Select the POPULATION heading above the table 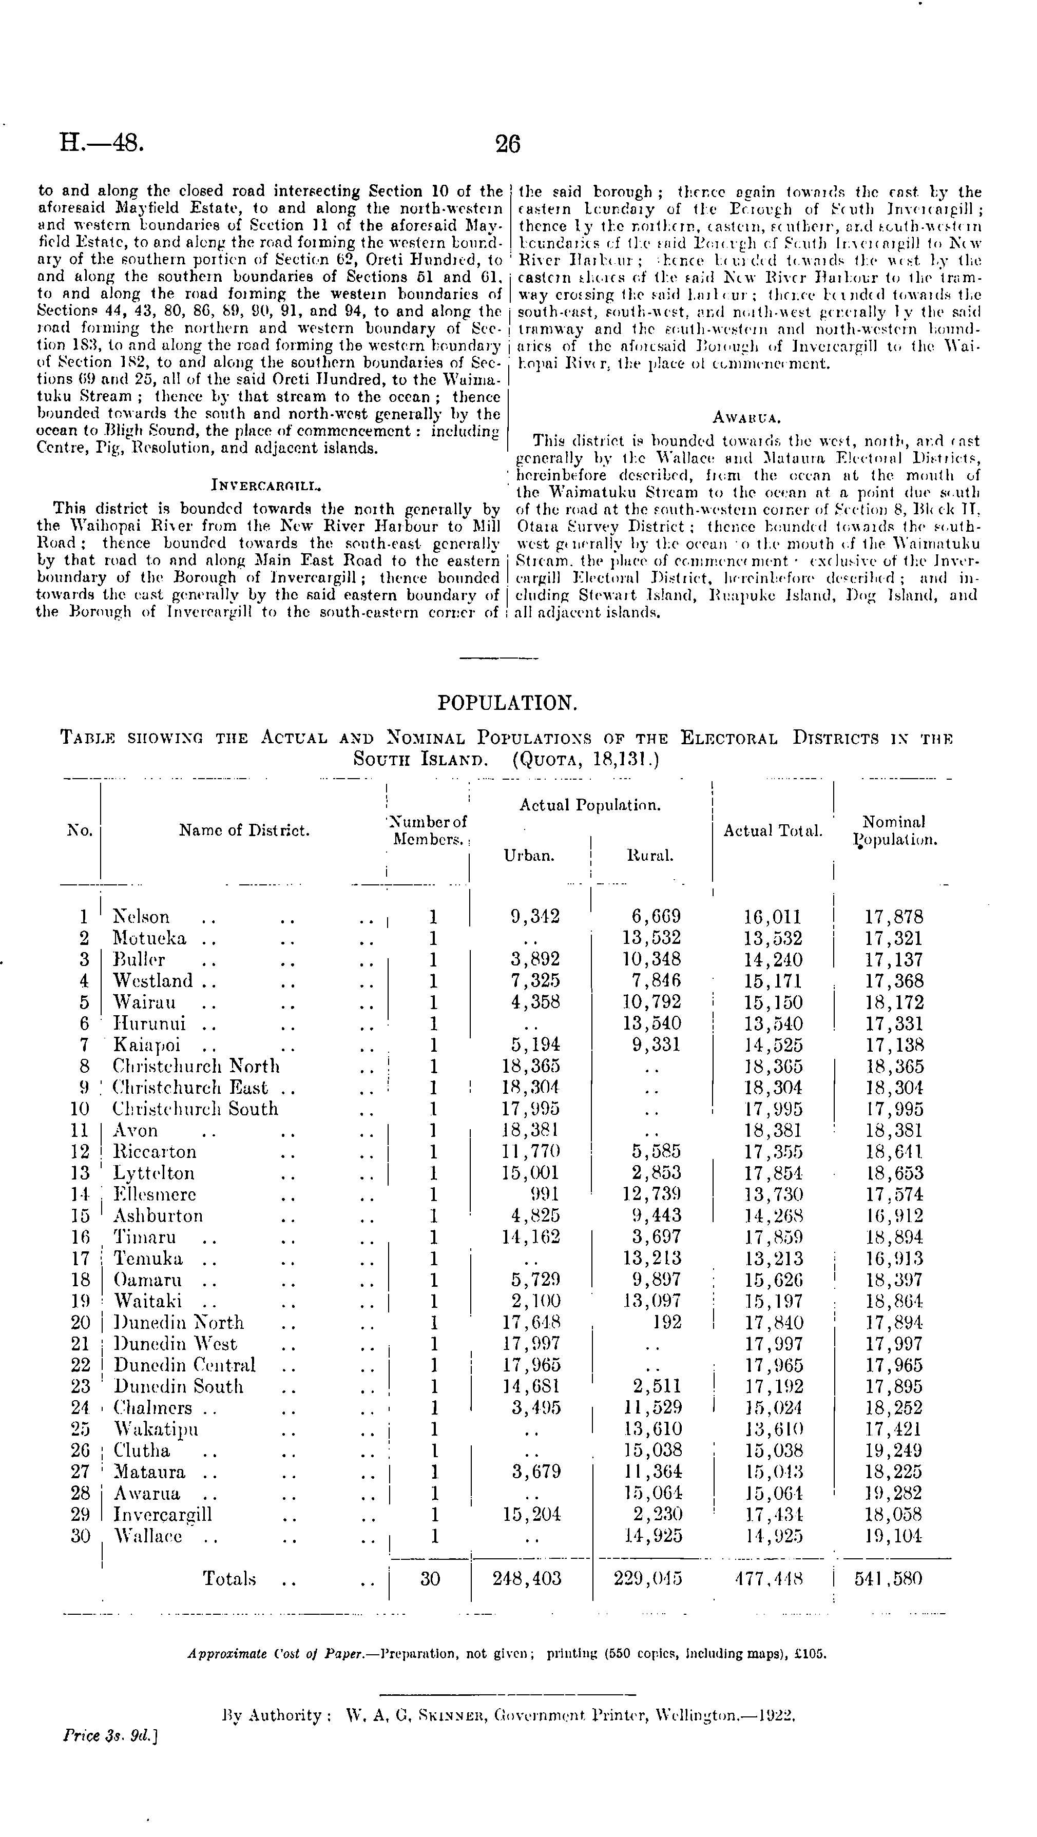[x=507, y=703]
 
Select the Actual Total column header [x=773, y=830]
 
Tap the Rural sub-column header [x=650, y=856]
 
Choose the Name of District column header [x=244, y=830]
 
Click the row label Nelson [x=141, y=917]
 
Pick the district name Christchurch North [x=196, y=1066]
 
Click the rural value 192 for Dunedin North [x=666, y=1322]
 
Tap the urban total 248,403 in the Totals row [x=527, y=1578]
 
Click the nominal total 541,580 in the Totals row [x=889, y=1578]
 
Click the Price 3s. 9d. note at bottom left [x=110, y=1736]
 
